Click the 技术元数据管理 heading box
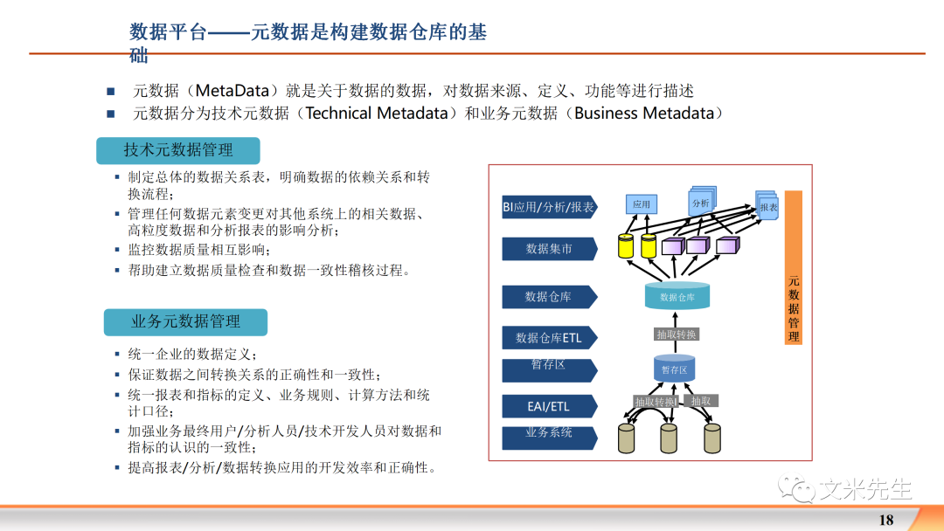pos(178,150)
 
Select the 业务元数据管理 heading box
pos(185,321)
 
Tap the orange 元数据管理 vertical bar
pos(793,267)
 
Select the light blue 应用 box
pos(642,203)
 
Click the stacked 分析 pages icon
pos(701,202)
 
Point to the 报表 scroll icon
pos(767,206)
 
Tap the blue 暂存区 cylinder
pos(674,369)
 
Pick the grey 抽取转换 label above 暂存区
pos(677,334)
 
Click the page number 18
pos(885,520)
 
